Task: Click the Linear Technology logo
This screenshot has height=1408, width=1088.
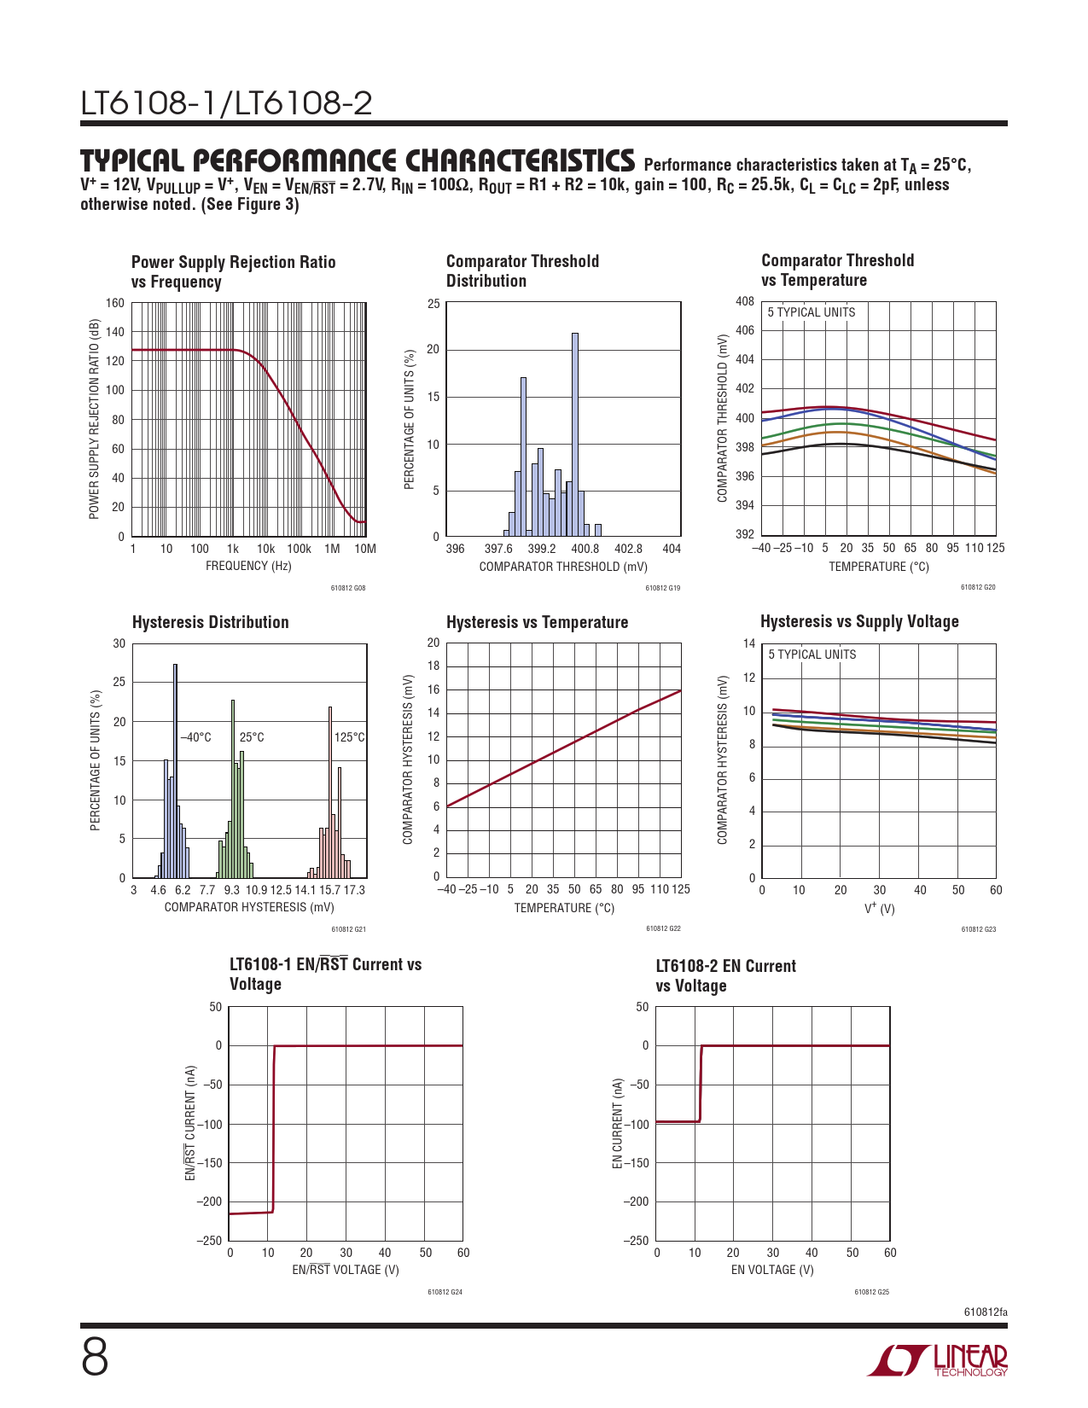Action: click(x=937, y=1360)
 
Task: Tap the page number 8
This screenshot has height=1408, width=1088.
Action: click(x=95, y=1358)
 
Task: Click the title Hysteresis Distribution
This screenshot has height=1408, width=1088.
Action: click(x=210, y=622)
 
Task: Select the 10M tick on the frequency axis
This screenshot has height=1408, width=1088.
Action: click(x=365, y=549)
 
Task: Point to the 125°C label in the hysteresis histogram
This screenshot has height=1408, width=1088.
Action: click(x=349, y=737)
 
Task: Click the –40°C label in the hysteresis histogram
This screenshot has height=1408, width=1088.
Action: click(x=195, y=737)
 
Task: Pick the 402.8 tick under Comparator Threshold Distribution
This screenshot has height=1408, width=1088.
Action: click(x=628, y=549)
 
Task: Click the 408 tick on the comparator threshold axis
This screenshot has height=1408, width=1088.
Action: click(x=744, y=301)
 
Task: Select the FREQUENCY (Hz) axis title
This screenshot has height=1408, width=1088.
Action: click(x=248, y=567)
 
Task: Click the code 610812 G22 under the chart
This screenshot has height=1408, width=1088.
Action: click(x=663, y=928)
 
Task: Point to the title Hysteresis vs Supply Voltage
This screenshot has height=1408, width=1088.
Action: click(x=859, y=621)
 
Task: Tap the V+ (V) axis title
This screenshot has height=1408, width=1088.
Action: click(x=879, y=909)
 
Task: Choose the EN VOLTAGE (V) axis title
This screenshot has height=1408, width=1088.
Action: click(x=772, y=1270)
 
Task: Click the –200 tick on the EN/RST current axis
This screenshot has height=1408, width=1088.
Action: click(x=209, y=1201)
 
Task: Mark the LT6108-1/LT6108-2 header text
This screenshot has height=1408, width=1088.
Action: click(x=226, y=104)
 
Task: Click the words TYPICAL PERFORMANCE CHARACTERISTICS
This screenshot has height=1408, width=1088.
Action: click(x=358, y=160)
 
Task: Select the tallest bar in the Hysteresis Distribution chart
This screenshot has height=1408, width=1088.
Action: click(x=175, y=771)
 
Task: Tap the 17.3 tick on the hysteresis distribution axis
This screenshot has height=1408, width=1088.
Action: click(x=354, y=890)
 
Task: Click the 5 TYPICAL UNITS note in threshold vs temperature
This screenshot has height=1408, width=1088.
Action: click(x=811, y=312)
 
